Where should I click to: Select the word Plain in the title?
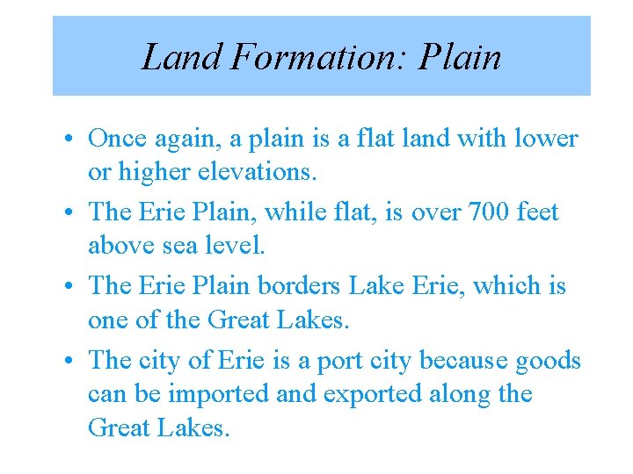(461, 58)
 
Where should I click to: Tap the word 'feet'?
(538, 212)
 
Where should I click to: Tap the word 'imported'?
(219, 394)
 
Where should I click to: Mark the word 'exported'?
(373, 394)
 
